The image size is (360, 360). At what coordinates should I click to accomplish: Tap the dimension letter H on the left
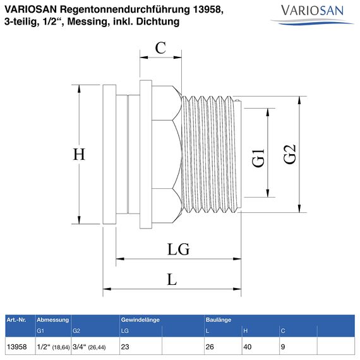pyautogui.click(x=78, y=155)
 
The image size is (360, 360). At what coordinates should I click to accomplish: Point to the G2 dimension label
pyautogui.click(x=290, y=154)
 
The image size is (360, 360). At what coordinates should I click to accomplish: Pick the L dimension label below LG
pyautogui.click(x=172, y=279)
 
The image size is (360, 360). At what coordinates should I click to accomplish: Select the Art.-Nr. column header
pyautogui.click(x=16, y=320)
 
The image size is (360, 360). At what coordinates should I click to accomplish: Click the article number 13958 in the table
pyautogui.click(x=15, y=346)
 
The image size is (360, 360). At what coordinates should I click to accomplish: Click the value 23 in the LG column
pyautogui.click(x=125, y=346)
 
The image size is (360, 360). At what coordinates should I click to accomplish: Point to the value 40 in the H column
pyautogui.click(x=248, y=346)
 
